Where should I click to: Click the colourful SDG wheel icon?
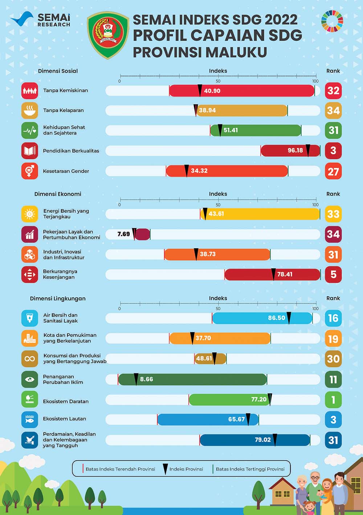pos(332,21)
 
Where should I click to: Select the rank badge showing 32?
pos(333,90)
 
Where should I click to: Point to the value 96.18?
pos(295,151)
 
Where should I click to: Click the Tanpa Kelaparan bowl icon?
pos(30,110)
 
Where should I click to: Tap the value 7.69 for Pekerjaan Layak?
pos(123,234)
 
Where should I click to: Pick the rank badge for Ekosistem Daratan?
pos(333,400)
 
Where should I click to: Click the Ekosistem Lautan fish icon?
pos(30,420)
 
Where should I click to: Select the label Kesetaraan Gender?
pos(66,171)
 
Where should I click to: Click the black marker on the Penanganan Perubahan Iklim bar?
pos(136,379)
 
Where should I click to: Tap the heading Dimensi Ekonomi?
pos(58,194)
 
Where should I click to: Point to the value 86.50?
pos(277,318)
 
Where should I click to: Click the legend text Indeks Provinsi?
pos(186,469)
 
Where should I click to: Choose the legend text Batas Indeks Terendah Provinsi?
pos(120,469)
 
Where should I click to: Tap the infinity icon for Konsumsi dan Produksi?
pos(30,359)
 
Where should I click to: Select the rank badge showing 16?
pos(333,318)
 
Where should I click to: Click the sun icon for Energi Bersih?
pos(30,214)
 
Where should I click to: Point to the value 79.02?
pos(262,440)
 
